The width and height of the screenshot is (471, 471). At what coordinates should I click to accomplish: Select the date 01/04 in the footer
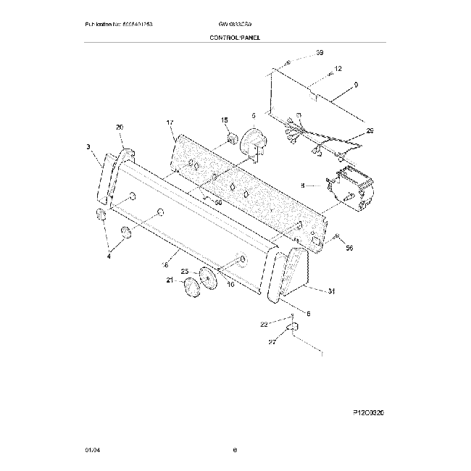coord(91,451)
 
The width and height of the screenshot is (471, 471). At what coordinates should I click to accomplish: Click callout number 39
coord(320,54)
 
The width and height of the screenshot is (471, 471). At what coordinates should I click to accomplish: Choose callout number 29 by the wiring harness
coord(370,130)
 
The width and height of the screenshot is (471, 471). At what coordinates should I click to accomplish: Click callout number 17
coord(170,123)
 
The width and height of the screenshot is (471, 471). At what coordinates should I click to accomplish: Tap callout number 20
coord(120,128)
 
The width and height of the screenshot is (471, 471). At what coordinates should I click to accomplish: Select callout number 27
coord(272,341)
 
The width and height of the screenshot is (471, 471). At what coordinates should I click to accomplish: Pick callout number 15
coord(224,120)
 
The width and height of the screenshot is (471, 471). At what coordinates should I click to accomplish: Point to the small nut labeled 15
coord(232,138)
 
